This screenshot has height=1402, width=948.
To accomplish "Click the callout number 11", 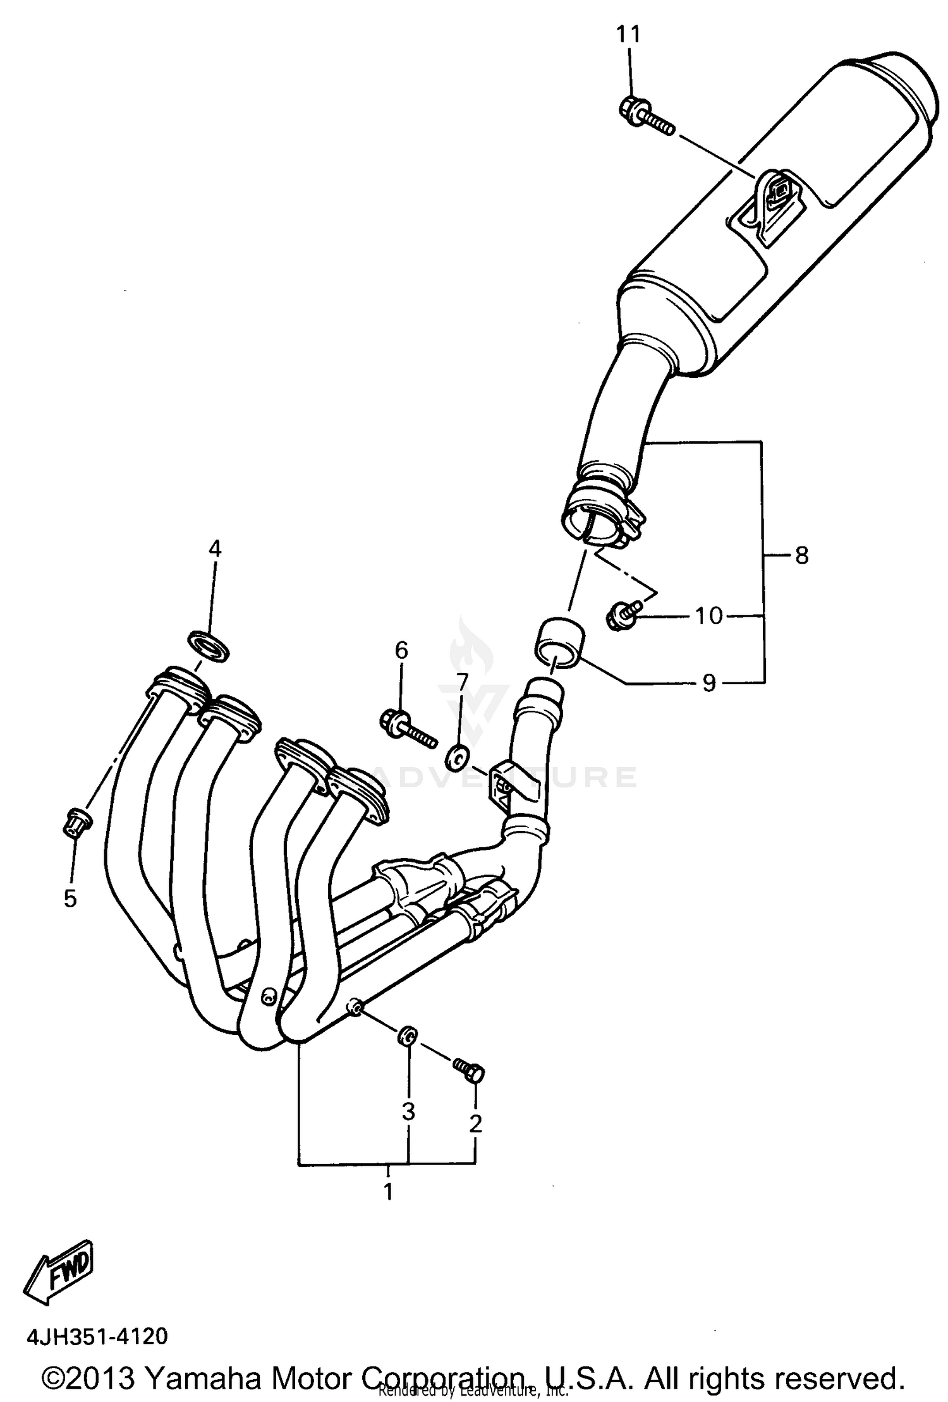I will point(628,34).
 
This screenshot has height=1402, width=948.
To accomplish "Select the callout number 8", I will point(801,556).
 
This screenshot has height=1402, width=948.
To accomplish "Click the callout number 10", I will point(709,615).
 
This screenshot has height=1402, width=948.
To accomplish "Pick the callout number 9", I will point(709,682).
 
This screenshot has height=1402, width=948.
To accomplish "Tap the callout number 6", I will point(402,650).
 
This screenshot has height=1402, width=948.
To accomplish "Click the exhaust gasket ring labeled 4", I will point(209,646).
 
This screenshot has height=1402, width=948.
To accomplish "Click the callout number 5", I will point(70,898).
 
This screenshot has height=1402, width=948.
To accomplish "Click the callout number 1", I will point(389,1191).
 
